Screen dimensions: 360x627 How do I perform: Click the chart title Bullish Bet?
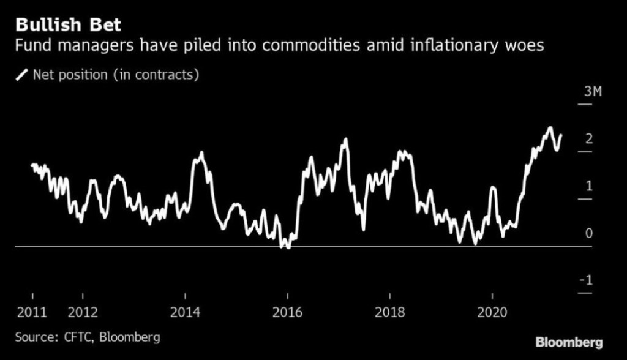click(x=68, y=25)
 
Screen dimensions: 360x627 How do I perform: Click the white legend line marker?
click(x=22, y=75)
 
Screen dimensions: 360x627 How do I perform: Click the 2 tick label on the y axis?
click(x=589, y=139)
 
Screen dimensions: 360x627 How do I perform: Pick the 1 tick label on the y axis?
click(x=589, y=186)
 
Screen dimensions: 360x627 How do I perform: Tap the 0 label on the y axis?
click(x=589, y=233)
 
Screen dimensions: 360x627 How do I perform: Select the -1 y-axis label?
click(x=587, y=280)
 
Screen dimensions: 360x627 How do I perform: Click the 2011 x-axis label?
click(x=32, y=312)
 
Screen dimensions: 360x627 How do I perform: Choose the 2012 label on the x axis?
click(x=83, y=312)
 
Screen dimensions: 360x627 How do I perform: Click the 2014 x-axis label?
click(x=185, y=312)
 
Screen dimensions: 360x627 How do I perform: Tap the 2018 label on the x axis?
click(x=390, y=312)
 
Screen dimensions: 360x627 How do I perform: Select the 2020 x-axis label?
click(x=492, y=312)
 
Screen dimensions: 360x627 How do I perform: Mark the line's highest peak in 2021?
click(x=550, y=128)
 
